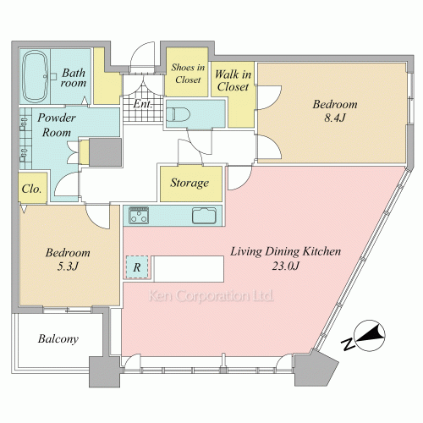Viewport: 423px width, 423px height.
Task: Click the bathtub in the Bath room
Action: tap(35, 76)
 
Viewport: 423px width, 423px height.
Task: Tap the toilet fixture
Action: tap(178, 114)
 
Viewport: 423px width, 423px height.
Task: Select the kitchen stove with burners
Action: tap(139, 216)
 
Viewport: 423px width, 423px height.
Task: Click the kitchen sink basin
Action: tap(205, 216)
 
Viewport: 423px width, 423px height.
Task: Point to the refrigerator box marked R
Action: tap(137, 267)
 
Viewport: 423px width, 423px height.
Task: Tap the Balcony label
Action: tap(58, 339)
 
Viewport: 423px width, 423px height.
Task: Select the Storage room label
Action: tap(190, 184)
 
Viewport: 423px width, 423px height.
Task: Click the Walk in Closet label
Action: tap(233, 80)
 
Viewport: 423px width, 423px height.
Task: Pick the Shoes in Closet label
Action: tap(188, 74)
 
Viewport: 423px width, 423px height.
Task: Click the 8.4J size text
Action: tap(335, 118)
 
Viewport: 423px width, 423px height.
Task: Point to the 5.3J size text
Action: tap(68, 266)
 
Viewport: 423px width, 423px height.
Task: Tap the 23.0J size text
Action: tap(285, 266)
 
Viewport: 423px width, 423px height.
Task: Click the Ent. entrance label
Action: tap(143, 104)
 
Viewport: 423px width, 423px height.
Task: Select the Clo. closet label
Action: tap(31, 189)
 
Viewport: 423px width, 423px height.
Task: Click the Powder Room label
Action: tap(57, 125)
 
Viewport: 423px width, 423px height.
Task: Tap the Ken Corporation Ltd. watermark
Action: tap(211, 296)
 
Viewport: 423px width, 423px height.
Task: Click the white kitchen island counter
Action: tap(189, 269)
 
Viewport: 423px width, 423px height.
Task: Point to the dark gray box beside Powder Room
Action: tap(105, 152)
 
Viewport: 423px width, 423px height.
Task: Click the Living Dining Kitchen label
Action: tap(285, 251)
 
